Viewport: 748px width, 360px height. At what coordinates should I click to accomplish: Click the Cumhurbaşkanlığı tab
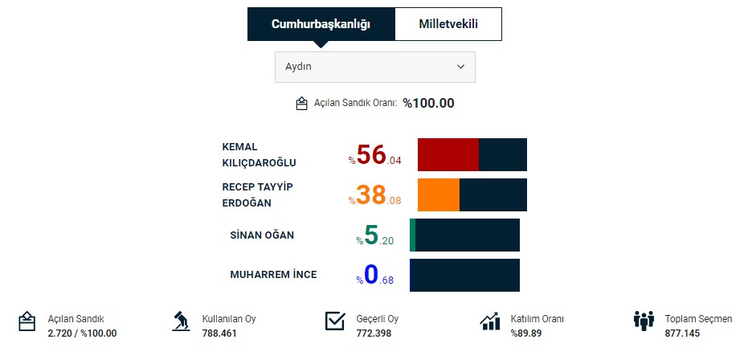321,24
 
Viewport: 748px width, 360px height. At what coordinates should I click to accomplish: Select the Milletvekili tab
448,24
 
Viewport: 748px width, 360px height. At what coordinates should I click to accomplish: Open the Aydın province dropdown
374,67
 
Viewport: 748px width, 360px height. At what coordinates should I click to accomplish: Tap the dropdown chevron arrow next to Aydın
460,67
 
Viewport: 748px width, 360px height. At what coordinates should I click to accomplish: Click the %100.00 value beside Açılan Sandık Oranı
428,103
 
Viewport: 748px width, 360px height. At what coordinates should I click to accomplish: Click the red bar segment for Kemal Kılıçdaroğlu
448,154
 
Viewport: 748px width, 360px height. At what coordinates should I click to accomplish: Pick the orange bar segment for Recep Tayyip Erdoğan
438,194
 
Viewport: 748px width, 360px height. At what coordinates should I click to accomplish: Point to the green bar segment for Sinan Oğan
412,235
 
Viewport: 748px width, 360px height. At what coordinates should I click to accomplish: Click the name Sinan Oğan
262,235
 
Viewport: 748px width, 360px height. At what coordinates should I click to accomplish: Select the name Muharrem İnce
273,275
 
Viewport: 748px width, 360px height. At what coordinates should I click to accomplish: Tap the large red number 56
371,154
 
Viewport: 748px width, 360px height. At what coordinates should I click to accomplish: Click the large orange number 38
371,195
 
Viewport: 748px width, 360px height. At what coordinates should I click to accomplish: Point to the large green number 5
371,235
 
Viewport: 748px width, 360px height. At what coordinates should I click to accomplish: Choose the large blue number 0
371,275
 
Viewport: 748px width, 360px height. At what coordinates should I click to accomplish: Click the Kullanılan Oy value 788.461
219,333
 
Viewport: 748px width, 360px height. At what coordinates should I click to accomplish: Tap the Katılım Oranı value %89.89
525,333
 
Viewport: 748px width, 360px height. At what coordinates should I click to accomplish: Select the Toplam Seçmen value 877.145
681,333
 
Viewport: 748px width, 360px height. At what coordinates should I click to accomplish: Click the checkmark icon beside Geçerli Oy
335,321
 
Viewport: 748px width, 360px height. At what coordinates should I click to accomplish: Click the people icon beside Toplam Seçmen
644,321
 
